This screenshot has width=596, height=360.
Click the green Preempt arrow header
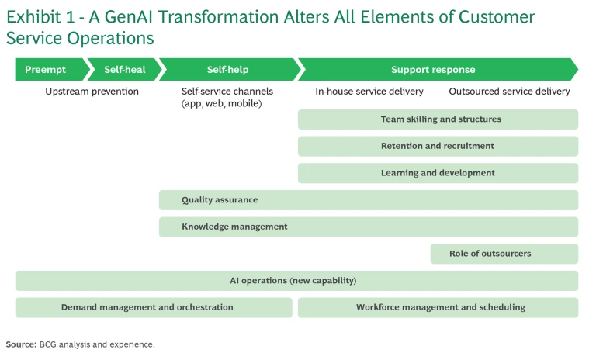coord(45,70)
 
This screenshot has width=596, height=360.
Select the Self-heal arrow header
coord(124,70)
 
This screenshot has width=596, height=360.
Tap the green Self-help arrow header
coord(227,70)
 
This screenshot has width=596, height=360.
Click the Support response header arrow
coord(433,70)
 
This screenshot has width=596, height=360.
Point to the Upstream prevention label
coord(92,92)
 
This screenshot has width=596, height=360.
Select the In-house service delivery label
coord(369,92)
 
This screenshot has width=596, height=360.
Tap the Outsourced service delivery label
coord(509,92)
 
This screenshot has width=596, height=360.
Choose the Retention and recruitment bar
coord(438,146)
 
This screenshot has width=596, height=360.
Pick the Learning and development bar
coord(438,173)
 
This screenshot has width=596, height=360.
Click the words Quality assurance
coord(220,200)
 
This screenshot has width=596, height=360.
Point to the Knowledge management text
coord(234,227)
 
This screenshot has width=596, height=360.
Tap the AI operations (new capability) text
coord(293,280)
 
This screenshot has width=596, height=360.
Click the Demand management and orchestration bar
coord(147,307)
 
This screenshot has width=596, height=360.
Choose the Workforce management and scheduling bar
coord(440,307)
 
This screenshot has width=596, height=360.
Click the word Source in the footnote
coord(20,344)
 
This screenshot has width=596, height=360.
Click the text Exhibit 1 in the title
coord(39,17)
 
